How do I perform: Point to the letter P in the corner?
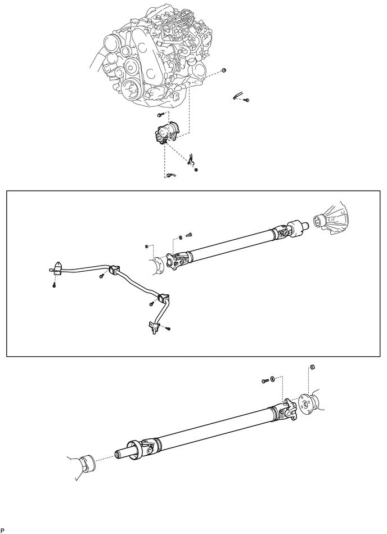(3, 531)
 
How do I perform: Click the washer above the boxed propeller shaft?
(180, 236)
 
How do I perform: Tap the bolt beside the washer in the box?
(188, 234)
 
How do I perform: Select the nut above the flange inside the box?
(146, 246)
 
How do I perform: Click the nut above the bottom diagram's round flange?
(312, 367)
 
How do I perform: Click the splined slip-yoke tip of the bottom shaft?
(121, 454)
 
